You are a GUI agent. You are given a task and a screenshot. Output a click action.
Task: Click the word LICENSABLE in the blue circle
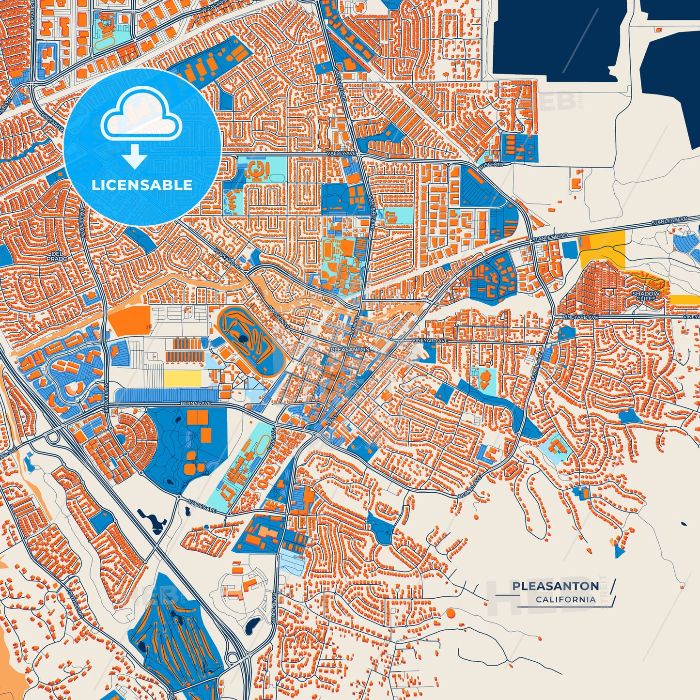142,185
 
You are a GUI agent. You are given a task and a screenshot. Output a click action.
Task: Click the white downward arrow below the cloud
134,156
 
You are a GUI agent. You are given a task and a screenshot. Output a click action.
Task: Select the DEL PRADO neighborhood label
57,256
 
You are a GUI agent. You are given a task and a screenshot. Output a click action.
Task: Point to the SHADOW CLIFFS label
646,296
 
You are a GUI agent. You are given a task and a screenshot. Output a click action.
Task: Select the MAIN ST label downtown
353,325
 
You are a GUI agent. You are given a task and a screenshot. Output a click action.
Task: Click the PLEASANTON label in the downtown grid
350,349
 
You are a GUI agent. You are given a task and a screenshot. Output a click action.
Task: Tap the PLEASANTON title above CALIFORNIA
555,586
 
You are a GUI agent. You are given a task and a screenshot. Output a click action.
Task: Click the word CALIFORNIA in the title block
565,600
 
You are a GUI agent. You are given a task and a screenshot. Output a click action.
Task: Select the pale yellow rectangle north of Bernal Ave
182,379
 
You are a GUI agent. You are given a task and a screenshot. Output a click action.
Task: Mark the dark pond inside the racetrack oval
241,338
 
